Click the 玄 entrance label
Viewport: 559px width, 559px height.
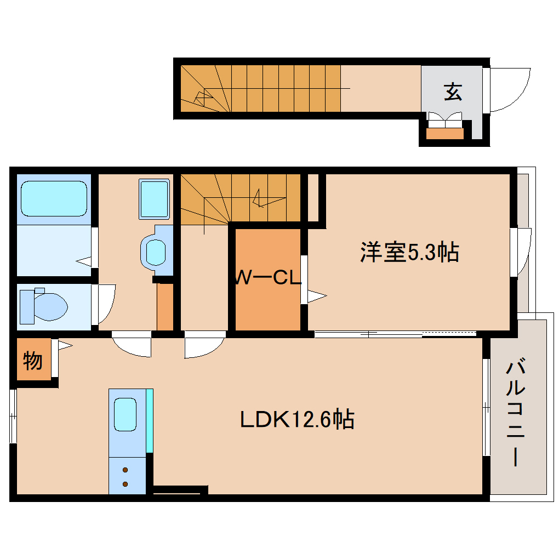click(452, 92)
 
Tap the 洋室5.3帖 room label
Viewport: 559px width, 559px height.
click(409, 252)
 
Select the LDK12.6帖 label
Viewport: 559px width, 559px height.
click(297, 419)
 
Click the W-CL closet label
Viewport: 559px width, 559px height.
click(268, 278)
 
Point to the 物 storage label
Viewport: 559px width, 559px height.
click(33, 361)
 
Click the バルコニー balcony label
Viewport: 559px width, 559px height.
click(516, 412)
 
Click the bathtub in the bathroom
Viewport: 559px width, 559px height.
click(54, 199)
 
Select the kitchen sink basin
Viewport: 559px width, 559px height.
click(125, 414)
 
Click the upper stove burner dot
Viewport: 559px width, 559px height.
click(126, 470)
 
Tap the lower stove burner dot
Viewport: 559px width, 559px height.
click(126, 483)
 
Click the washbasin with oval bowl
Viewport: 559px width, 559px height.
click(156, 252)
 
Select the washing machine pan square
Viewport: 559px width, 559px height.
click(154, 199)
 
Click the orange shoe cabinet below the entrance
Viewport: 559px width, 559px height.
click(444, 133)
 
